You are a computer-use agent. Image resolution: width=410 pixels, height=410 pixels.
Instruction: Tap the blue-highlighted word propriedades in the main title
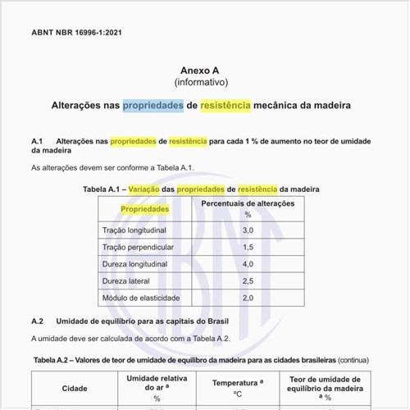tap(153, 107)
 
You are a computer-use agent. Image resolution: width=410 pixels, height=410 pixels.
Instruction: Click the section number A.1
tap(38, 141)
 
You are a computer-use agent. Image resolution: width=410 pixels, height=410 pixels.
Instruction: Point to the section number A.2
tap(38, 321)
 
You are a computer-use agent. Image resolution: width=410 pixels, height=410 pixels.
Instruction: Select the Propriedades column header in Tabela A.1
tap(145, 209)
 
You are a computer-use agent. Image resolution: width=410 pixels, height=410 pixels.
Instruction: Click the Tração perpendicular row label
tap(137, 247)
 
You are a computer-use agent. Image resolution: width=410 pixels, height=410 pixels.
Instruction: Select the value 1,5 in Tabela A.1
tap(248, 247)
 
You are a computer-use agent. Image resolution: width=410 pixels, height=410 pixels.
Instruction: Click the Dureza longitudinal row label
tap(134, 264)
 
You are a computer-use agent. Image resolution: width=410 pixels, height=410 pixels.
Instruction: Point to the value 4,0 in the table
tap(248, 264)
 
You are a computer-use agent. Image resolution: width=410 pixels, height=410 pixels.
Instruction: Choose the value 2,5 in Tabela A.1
tap(248, 280)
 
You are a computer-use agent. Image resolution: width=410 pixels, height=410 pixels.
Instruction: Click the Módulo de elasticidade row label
tap(141, 298)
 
